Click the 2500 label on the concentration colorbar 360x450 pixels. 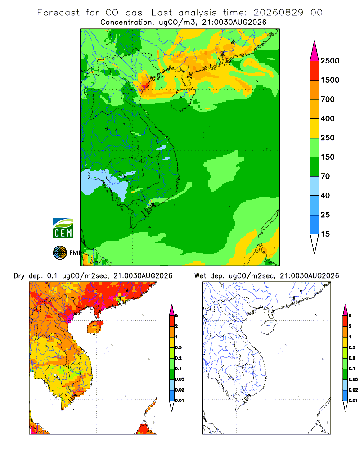point(330,61)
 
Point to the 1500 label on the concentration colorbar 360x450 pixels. point(330,80)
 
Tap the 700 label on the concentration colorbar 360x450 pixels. point(328,99)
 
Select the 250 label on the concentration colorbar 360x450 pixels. point(328,138)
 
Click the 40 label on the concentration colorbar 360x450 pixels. point(325,195)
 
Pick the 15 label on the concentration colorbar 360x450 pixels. point(325,234)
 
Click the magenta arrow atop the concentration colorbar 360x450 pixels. point(315,51)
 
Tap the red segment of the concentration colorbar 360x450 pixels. point(315,71)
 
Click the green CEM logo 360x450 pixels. point(63,229)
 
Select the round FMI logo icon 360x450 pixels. point(60,253)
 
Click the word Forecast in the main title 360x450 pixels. point(58,13)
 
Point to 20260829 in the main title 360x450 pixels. point(278,13)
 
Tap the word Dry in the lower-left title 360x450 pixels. point(19,276)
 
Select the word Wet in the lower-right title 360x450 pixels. point(200,276)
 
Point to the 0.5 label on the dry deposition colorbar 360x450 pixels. point(178,347)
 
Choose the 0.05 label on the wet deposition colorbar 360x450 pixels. point(353,379)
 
